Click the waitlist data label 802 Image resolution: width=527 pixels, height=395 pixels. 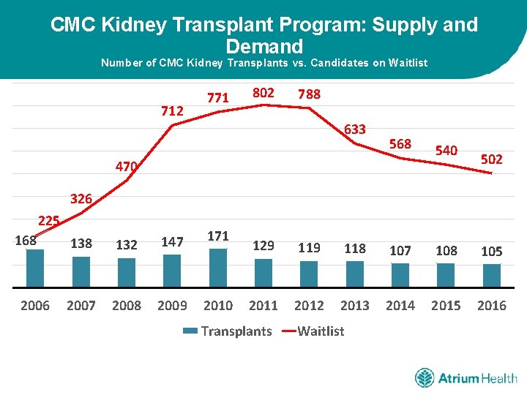click(x=263, y=93)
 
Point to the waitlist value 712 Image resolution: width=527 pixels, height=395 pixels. click(x=172, y=111)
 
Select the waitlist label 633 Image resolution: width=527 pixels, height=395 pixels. click(x=354, y=129)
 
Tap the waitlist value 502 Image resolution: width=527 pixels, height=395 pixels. click(x=491, y=159)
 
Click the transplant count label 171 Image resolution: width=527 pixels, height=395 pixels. click(x=218, y=236)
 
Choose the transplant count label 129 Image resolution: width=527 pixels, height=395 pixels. click(x=263, y=247)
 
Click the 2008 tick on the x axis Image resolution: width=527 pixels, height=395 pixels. click(x=127, y=306)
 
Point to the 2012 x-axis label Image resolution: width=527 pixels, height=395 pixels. click(x=309, y=306)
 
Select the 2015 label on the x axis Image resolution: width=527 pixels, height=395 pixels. click(x=446, y=306)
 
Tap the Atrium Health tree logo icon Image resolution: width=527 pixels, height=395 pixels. click(x=425, y=378)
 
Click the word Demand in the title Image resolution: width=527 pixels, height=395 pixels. click(x=264, y=47)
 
